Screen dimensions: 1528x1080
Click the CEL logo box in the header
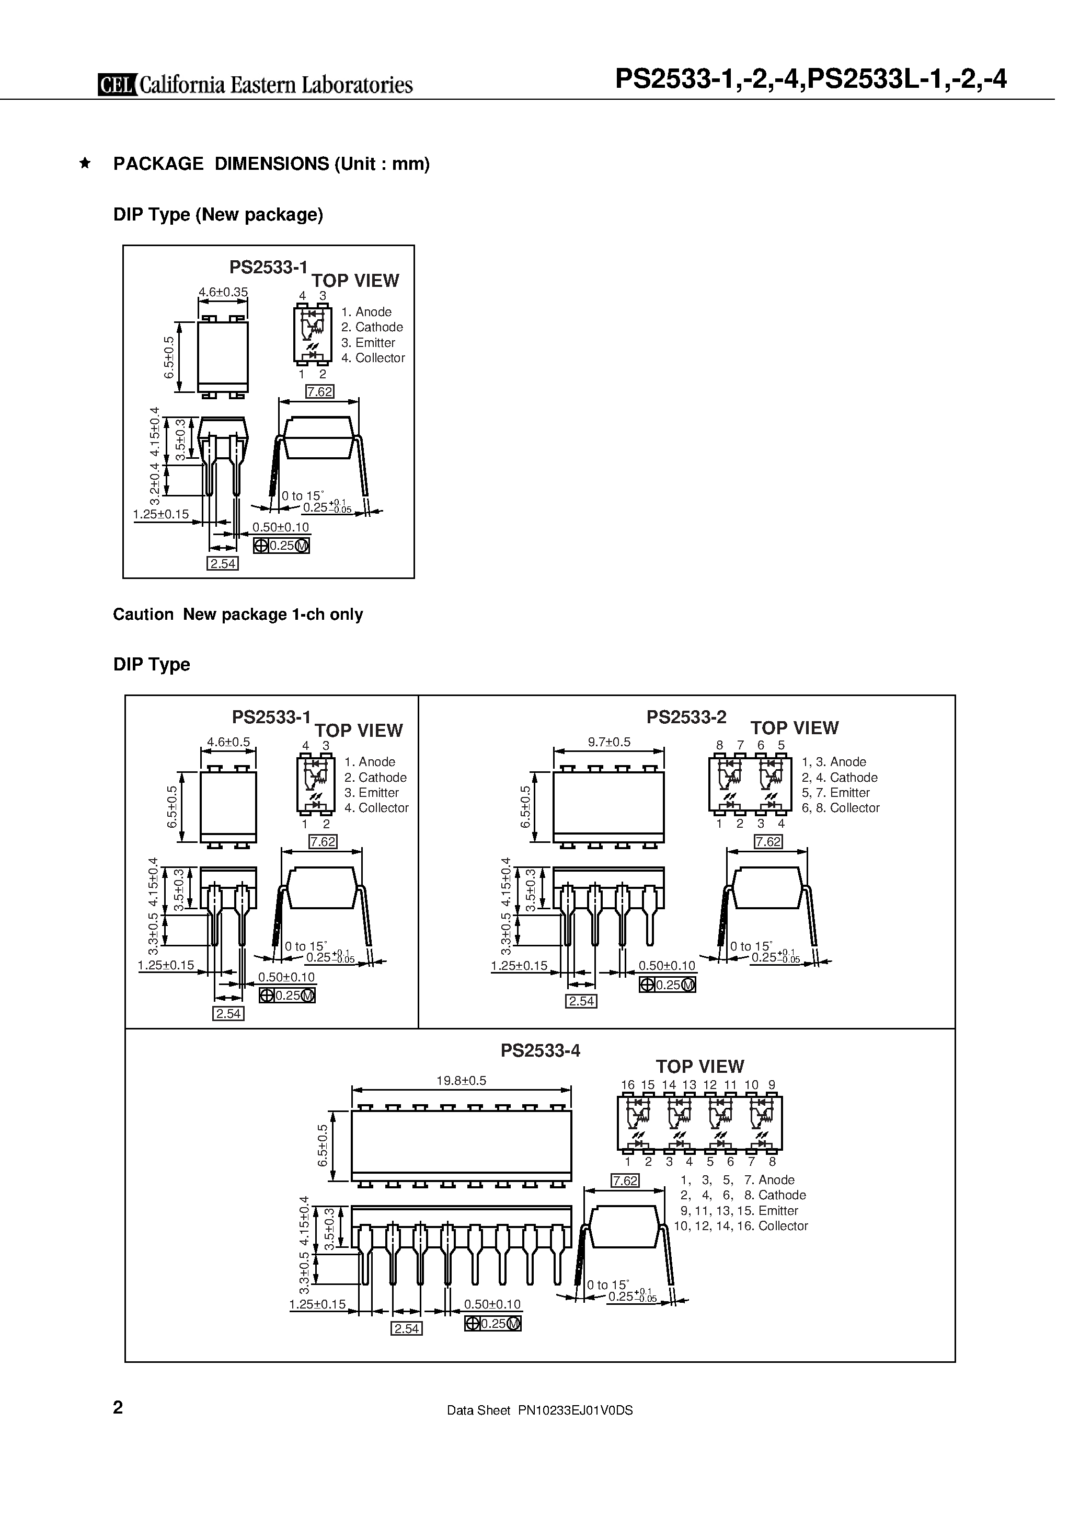click(117, 85)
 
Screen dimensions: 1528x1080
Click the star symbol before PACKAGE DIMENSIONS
click(85, 163)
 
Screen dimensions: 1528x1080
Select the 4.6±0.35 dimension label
click(223, 292)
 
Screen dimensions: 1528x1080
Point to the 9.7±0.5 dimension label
click(608, 742)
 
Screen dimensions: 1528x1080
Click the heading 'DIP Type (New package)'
click(218, 214)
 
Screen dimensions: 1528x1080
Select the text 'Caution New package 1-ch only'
click(238, 614)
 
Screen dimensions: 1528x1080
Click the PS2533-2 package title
click(686, 717)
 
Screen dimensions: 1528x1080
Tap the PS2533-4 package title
click(540, 1050)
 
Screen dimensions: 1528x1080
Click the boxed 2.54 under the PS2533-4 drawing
click(406, 1328)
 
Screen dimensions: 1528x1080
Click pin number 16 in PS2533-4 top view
click(627, 1085)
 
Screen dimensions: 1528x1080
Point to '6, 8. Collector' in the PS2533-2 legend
click(840, 808)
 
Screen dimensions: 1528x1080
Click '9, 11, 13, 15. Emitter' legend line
click(739, 1211)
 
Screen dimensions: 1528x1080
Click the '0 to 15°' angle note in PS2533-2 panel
click(751, 946)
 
